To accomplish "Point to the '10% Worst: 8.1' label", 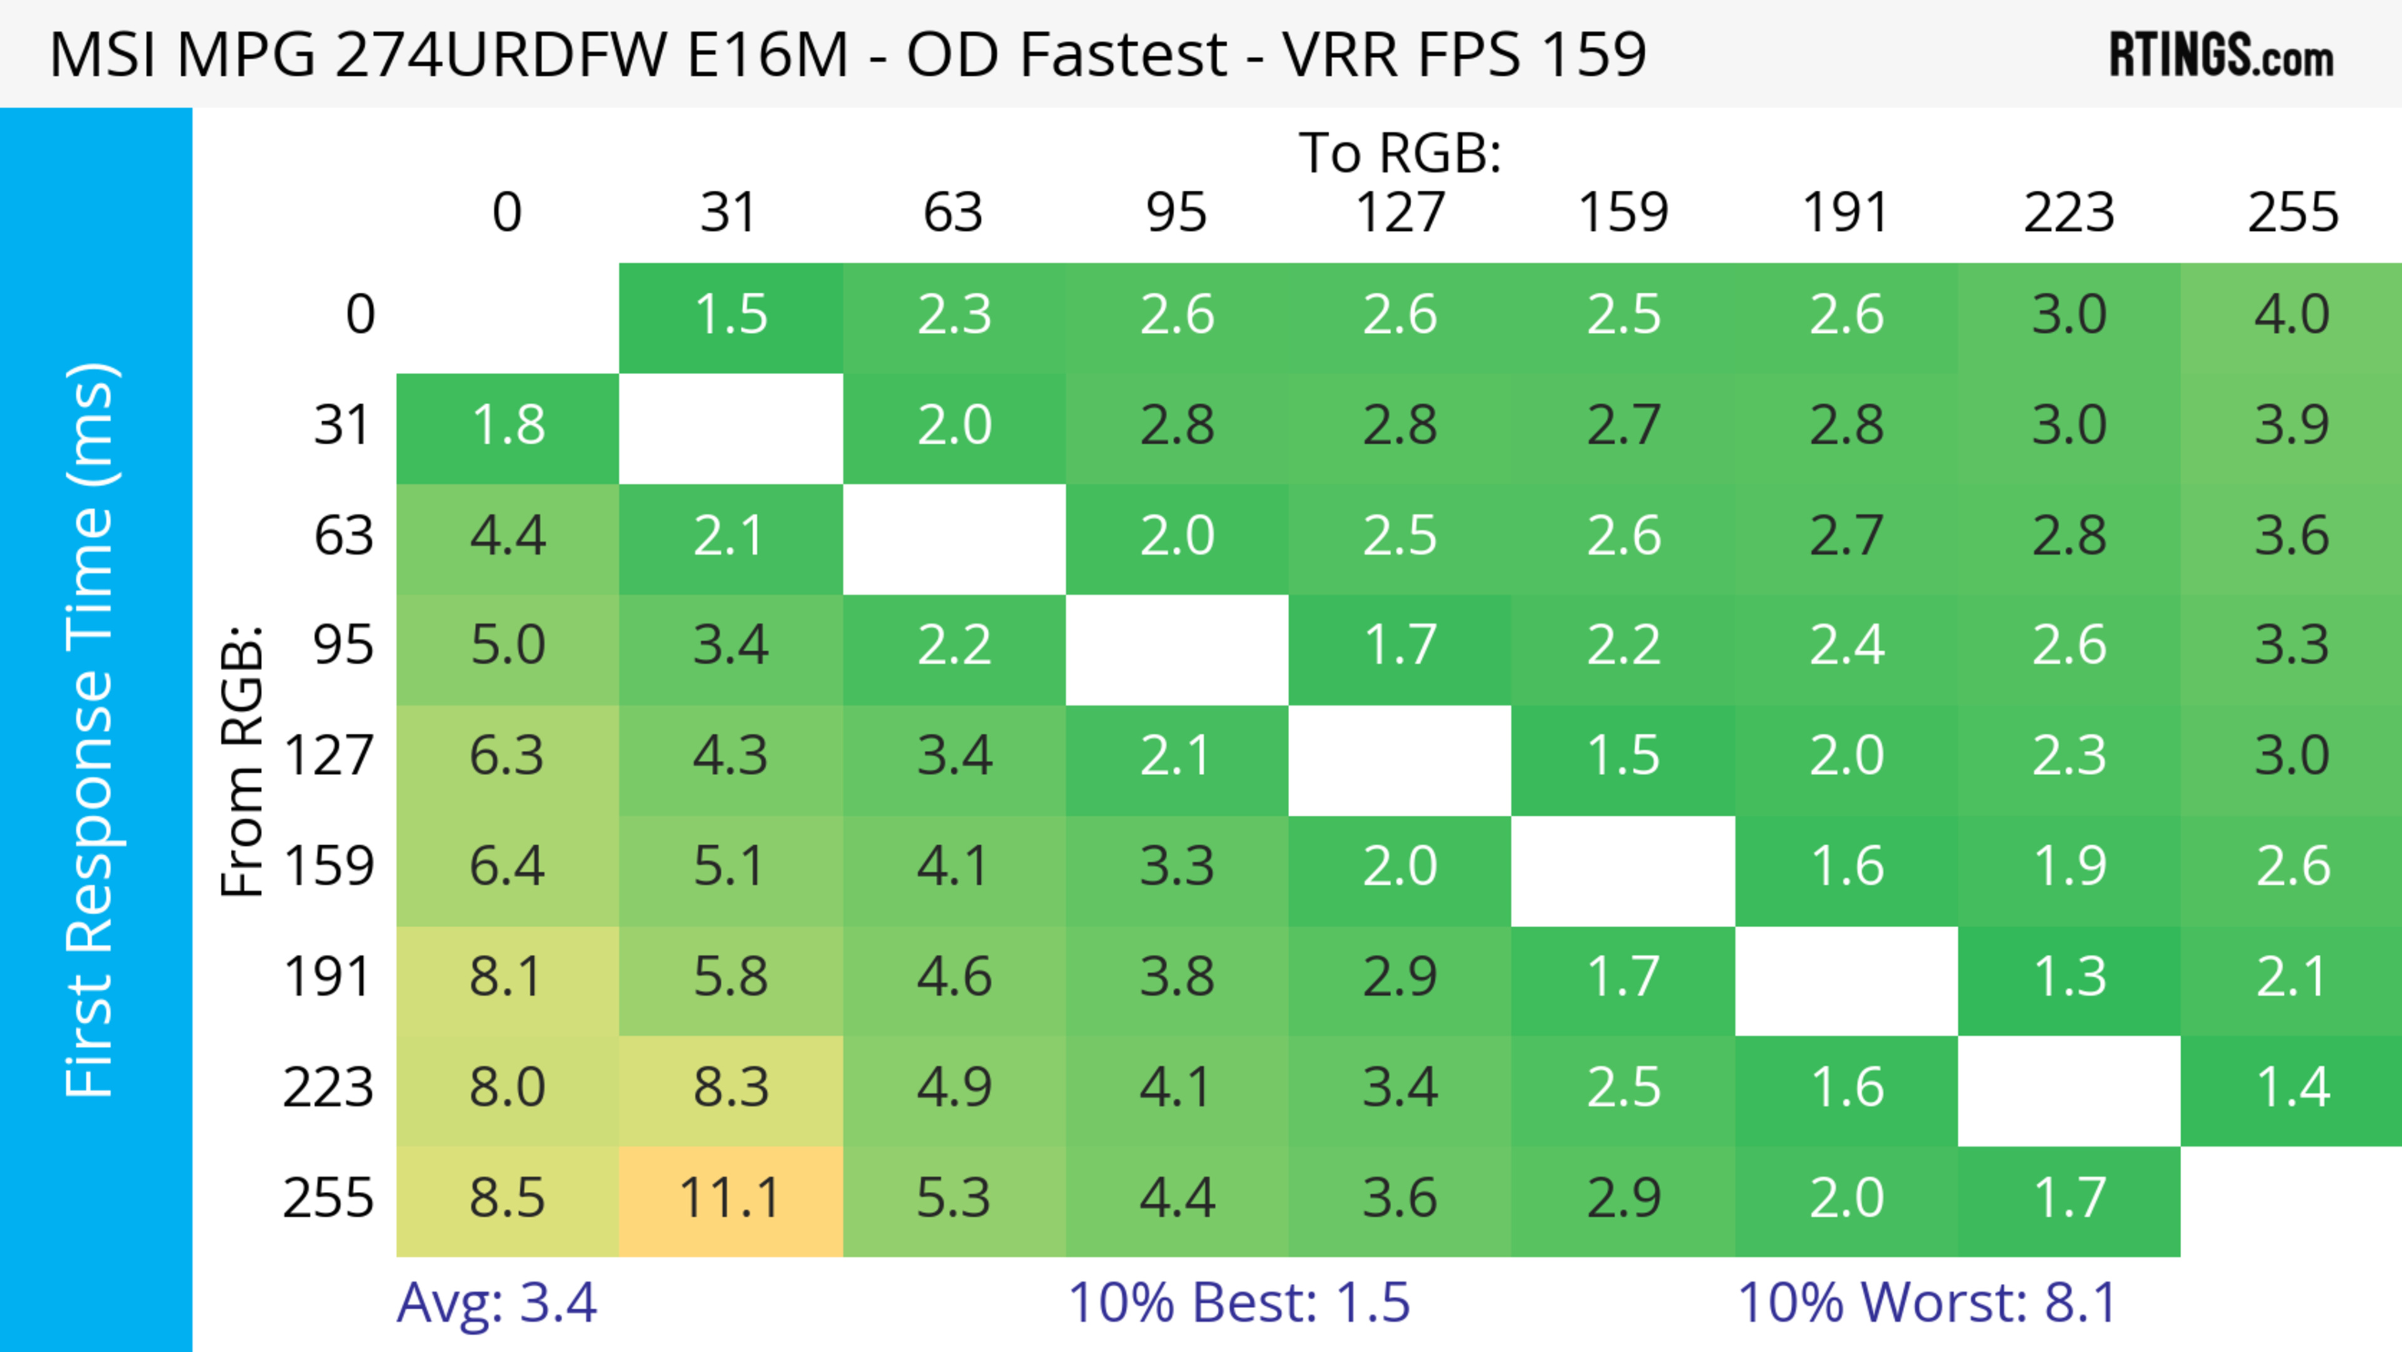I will (1927, 1303).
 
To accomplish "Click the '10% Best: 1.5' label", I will (1239, 1303).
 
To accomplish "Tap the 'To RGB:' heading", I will (1400, 152).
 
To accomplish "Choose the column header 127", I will (1400, 213).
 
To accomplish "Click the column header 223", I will (2069, 213).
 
